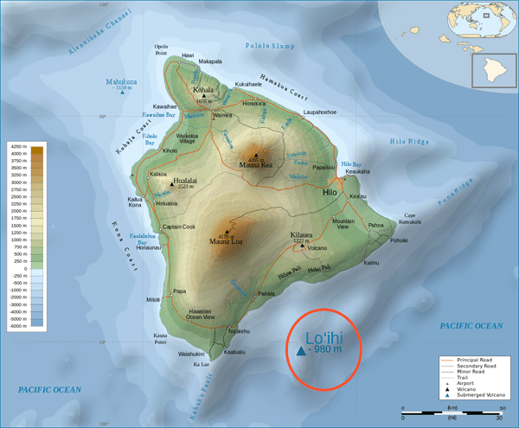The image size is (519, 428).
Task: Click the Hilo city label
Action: coord(330,194)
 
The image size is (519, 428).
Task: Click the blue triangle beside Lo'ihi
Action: coord(300,351)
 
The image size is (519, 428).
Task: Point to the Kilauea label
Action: coord(302,233)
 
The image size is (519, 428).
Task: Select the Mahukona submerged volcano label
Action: coord(122,82)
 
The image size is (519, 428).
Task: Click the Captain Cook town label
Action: coord(179,227)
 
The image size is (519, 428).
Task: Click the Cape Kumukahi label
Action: coord(411,219)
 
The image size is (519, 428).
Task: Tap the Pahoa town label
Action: coord(376,225)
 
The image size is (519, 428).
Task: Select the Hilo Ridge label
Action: coord(410,140)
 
